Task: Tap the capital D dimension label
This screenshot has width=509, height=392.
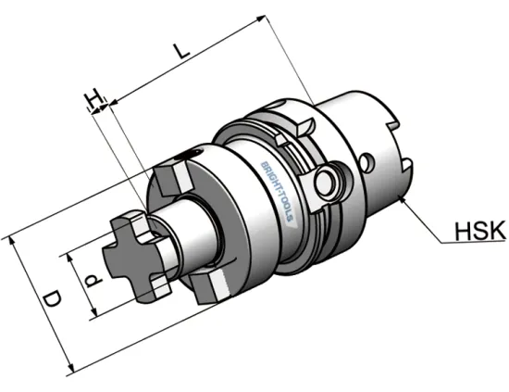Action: pos(53,299)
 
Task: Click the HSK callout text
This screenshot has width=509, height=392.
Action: pos(477,231)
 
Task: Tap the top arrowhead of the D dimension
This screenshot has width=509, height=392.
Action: pos(15,239)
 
